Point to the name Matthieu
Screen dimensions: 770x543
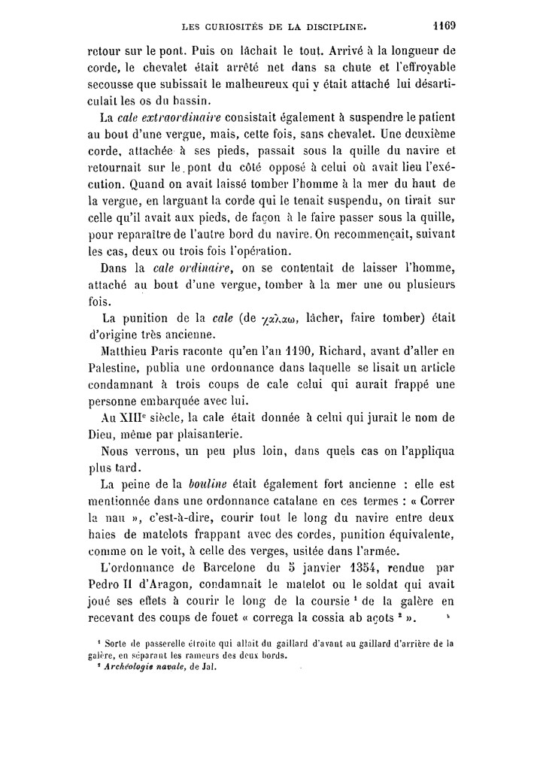(129, 350)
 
